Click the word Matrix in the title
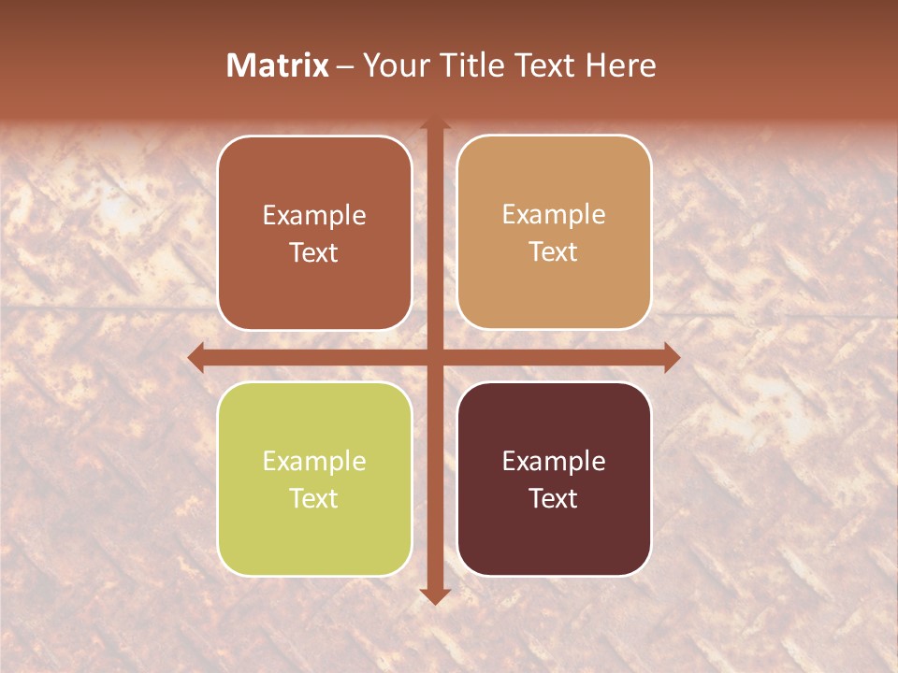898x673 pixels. coord(278,65)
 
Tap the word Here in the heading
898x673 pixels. coord(621,65)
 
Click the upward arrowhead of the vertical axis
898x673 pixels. coord(434,123)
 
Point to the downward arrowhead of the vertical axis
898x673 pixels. coord(434,595)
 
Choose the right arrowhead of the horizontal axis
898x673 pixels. coord(671,357)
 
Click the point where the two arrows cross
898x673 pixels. coord(434,357)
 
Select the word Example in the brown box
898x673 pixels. coord(314,216)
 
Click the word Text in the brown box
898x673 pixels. coord(314,252)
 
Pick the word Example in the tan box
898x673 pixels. coord(554,215)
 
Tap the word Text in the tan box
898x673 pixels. coord(554,251)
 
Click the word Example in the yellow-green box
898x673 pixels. coord(314,462)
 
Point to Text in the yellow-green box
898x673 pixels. coord(314,498)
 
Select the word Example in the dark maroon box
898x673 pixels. coord(554,462)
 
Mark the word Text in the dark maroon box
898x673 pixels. coord(554,498)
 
